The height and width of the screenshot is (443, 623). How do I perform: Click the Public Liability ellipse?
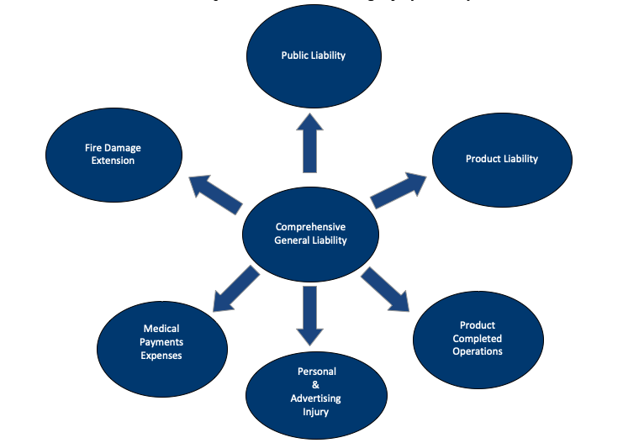click(x=313, y=55)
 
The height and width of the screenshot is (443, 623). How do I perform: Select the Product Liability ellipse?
click(x=501, y=159)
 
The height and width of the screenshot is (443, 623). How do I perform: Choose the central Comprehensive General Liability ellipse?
click(x=310, y=233)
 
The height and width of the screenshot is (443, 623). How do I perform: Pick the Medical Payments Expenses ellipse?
click(x=162, y=342)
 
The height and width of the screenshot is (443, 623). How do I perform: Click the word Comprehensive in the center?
click(x=310, y=227)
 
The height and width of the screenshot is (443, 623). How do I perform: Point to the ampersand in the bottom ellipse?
click(x=317, y=385)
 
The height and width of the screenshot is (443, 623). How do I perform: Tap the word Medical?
click(x=161, y=329)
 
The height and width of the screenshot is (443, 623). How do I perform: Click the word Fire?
click(x=94, y=148)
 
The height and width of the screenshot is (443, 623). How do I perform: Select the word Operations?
click(x=478, y=351)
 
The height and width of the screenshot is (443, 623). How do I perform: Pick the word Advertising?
click(x=317, y=398)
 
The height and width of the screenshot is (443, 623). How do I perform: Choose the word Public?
click(x=295, y=55)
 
